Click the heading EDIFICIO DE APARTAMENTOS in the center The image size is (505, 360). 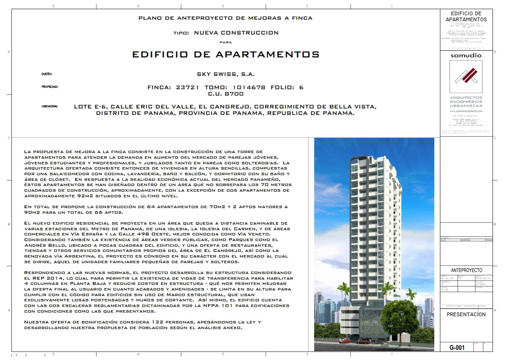pyautogui.click(x=225, y=54)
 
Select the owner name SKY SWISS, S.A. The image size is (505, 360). pyautogui.click(x=226, y=74)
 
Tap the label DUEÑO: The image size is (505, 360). pyautogui.click(x=47, y=74)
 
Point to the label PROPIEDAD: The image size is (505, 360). pyautogui.click(x=50, y=87)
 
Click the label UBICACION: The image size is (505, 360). pyautogui.click(x=50, y=106)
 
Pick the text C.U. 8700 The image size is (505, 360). pyautogui.click(x=226, y=94)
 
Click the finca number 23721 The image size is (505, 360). pyautogui.click(x=188, y=87)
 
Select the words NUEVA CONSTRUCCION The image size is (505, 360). pyautogui.click(x=236, y=33)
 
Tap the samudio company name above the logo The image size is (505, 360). pyautogui.click(x=466, y=55)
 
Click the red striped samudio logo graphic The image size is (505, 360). pyautogui.click(x=466, y=76)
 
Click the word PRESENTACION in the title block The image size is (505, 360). pyautogui.click(x=466, y=315)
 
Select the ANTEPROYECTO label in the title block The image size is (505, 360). pyautogui.click(x=466, y=270)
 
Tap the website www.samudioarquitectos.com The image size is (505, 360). pyautogui.click(x=466, y=111)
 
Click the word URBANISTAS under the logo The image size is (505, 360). pyautogui.click(x=466, y=106)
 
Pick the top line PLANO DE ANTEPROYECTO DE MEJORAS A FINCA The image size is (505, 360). pyautogui.click(x=225, y=18)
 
